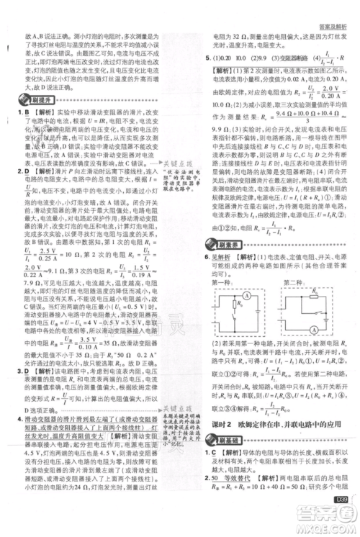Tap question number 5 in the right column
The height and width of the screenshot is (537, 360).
(207, 57)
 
